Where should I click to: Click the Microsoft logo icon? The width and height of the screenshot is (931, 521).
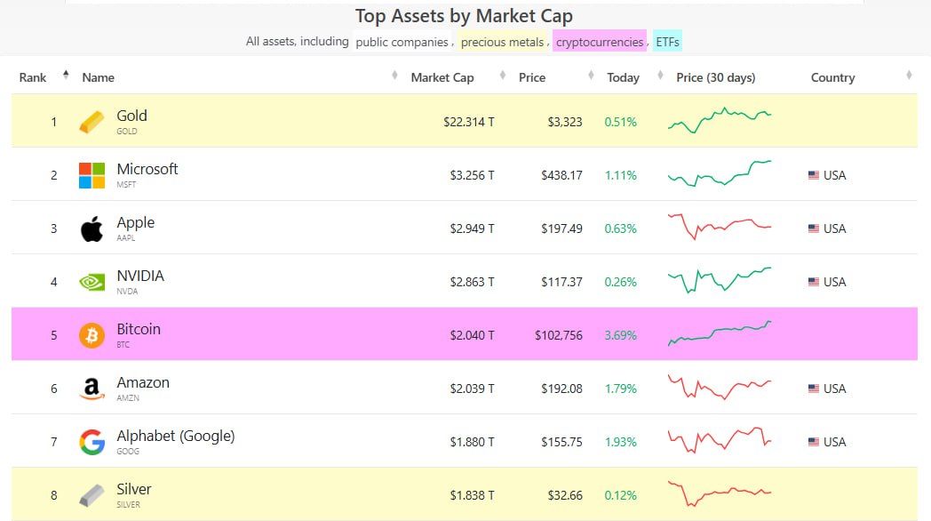pos(92,175)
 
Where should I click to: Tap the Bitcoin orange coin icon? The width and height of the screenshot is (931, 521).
pos(92,335)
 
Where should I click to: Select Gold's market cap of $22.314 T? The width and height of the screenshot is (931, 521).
pos(469,122)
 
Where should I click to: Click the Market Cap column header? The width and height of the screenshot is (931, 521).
pos(442,77)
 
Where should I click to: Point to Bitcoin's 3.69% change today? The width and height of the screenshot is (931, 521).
pos(620,335)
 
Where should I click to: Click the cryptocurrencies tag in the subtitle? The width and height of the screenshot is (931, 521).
pos(600,42)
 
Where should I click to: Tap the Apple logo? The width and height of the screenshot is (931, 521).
pos(92,228)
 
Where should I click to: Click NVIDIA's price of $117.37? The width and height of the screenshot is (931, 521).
pos(561,282)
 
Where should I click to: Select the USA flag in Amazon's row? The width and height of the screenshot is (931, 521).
pos(813,389)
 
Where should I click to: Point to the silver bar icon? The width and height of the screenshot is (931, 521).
pos(92,495)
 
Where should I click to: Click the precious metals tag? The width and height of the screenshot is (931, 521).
pos(502,42)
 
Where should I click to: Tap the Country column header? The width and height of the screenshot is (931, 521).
pos(832,77)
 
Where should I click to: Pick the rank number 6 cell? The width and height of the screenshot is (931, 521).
pos(53,389)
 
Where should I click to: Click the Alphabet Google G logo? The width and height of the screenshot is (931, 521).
pos(92,442)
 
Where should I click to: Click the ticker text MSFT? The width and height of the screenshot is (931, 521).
pos(127,185)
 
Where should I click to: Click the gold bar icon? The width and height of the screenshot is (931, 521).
pos(92,122)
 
